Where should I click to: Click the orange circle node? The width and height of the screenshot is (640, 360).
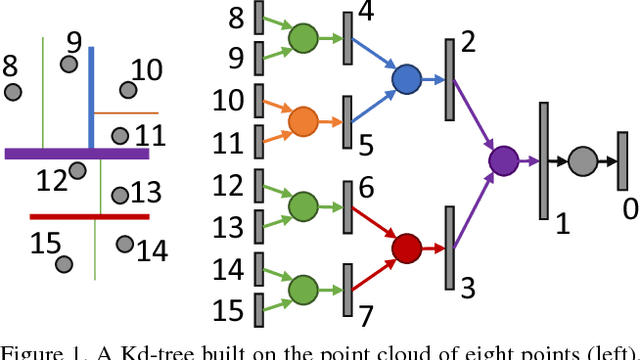[302, 122]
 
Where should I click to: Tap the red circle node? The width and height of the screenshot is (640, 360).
[406, 248]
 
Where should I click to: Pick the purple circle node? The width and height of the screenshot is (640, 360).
[502, 160]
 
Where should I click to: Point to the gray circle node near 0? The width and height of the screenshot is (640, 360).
[582, 160]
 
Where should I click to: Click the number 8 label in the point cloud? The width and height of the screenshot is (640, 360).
[11, 67]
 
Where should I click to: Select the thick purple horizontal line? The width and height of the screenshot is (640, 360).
[77, 154]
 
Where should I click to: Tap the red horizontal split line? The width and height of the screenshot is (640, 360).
[89, 215]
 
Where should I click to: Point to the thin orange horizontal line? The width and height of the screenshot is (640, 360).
[126, 113]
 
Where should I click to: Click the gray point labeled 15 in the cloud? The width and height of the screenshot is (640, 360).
[63, 264]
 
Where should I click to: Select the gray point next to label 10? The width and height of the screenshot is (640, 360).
[128, 90]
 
